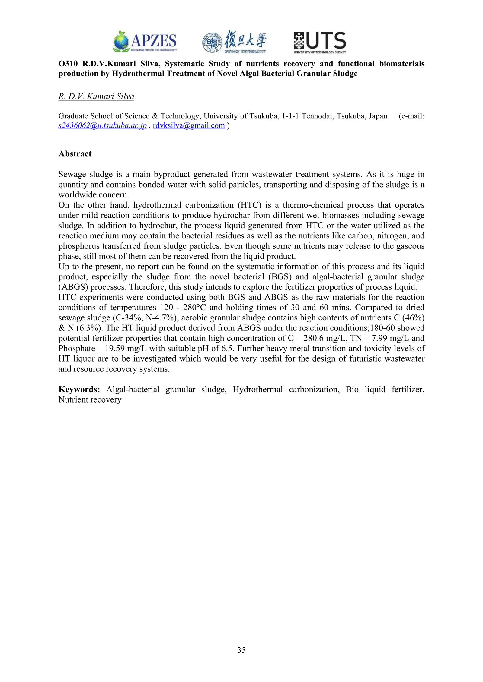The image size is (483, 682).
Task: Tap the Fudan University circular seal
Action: click(x=212, y=42)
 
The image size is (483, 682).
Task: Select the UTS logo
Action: click(x=320, y=43)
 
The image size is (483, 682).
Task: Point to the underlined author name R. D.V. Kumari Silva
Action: click(x=96, y=97)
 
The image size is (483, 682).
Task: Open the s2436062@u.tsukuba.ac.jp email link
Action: click(x=102, y=126)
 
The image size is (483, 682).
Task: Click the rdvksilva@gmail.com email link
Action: click(x=189, y=126)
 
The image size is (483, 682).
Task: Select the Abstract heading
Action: click(x=75, y=154)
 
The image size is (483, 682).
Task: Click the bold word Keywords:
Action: click(x=79, y=390)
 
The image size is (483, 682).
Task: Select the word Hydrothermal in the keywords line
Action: click(x=258, y=390)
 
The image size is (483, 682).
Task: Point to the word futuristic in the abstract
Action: click(x=355, y=359)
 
